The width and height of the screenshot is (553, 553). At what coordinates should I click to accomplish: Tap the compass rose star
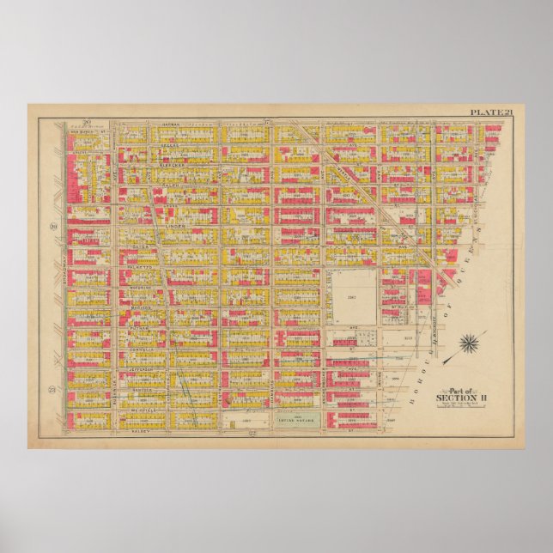point(469,345)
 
